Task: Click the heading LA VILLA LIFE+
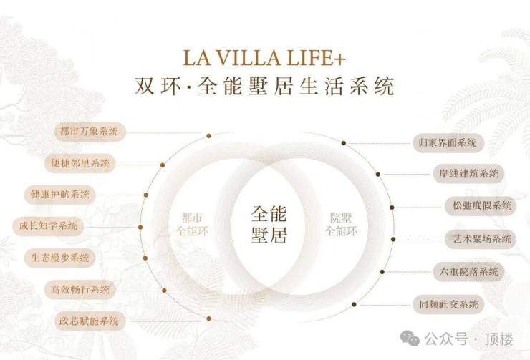click(x=264, y=58)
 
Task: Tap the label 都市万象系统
click(x=90, y=132)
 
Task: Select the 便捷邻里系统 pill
click(x=80, y=163)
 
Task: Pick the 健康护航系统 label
click(x=60, y=195)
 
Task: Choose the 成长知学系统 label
click(x=48, y=226)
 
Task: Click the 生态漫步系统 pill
click(x=60, y=258)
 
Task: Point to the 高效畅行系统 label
click(x=80, y=290)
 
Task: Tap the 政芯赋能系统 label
click(x=90, y=321)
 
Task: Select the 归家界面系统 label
click(x=448, y=143)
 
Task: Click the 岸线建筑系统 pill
click(x=469, y=174)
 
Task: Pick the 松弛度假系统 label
click(x=482, y=205)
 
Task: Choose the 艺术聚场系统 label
click(x=481, y=240)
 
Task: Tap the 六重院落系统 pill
click(x=469, y=272)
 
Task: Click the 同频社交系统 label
click(x=449, y=305)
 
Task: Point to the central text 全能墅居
click(x=269, y=224)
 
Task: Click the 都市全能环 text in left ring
click(x=193, y=224)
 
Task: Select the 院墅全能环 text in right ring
click(x=341, y=224)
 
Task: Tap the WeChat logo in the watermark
click(x=410, y=339)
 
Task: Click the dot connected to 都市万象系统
click(x=209, y=136)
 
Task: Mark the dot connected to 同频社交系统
click(x=354, y=305)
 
